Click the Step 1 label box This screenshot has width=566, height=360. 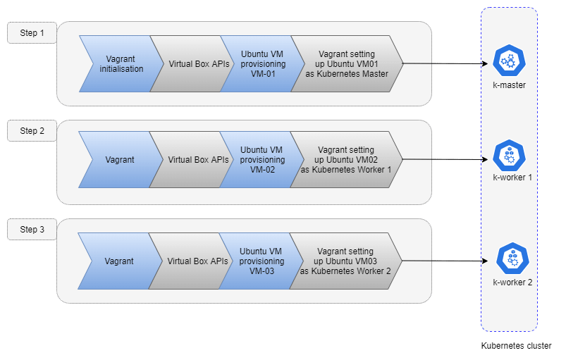pyautogui.click(x=32, y=33)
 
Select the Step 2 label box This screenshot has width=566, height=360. pyautogui.click(x=32, y=130)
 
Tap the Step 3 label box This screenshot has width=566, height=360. pyautogui.click(x=32, y=230)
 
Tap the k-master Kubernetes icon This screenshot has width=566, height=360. pyautogui.click(x=509, y=61)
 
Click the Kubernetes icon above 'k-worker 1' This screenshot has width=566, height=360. pyautogui.click(x=509, y=156)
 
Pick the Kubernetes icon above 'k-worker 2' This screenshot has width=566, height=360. pyautogui.click(x=512, y=259)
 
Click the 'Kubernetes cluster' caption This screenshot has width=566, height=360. pyautogui.click(x=516, y=346)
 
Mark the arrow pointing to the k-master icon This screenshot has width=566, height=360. pyautogui.click(x=445, y=64)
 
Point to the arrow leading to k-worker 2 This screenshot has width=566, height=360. pyautogui.click(x=445, y=261)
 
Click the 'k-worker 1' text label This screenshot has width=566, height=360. pyautogui.click(x=512, y=178)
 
